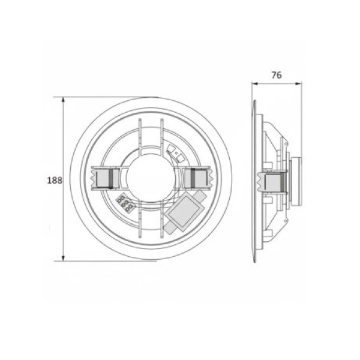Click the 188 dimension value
pyautogui.click(x=54, y=180)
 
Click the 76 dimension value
pyautogui.click(x=276, y=76)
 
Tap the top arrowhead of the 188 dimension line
pyautogui.click(x=63, y=100)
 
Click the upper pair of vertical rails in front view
pyautogui.click(x=150, y=135)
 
